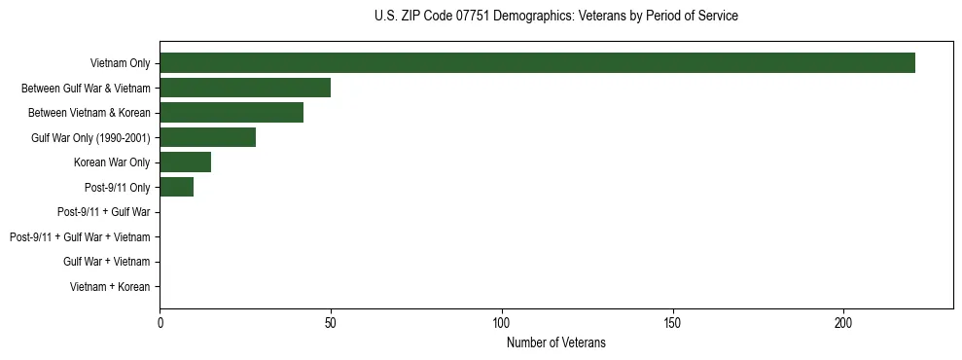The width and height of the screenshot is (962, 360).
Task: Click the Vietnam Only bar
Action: [537, 63]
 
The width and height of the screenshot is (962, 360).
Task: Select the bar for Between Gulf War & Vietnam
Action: [245, 88]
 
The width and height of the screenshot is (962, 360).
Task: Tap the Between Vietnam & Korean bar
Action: [232, 113]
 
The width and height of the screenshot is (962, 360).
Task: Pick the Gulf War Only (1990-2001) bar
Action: [207, 137]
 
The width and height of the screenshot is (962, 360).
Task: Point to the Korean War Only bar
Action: [185, 162]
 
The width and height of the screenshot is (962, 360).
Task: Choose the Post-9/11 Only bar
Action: [176, 187]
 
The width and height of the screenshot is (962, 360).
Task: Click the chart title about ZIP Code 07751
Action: [555, 17]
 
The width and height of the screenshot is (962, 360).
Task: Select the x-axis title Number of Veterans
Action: [555, 342]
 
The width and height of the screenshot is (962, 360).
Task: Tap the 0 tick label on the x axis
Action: [160, 323]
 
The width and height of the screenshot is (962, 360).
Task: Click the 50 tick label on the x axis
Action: [331, 323]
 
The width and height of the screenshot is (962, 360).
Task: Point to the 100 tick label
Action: [502, 323]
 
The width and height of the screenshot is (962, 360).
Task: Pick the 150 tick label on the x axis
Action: [673, 323]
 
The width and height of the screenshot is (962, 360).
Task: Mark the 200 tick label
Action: [843, 323]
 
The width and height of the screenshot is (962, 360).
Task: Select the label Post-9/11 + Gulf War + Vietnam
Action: [80, 236]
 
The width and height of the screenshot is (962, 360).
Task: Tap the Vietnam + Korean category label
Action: [110, 286]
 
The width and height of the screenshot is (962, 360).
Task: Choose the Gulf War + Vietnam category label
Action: [107, 262]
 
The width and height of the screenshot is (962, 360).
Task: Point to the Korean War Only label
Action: [112, 162]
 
